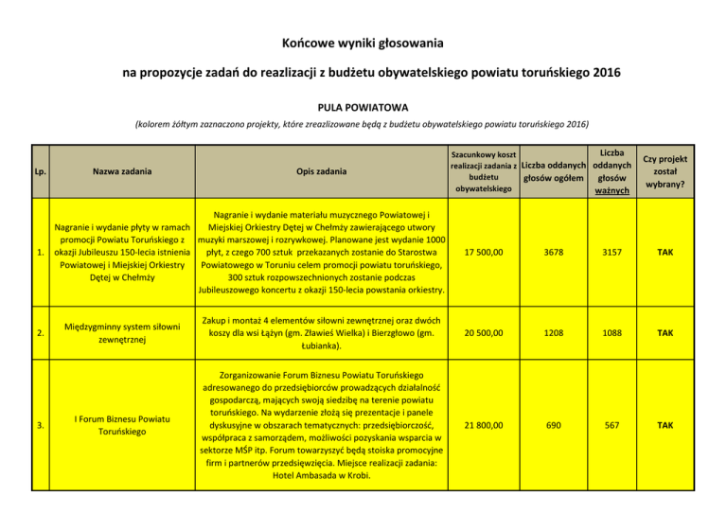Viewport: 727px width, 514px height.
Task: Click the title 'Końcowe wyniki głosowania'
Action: point(363,43)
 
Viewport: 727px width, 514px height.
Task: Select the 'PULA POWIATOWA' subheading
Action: point(363,107)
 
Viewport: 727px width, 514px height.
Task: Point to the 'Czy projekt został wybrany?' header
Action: point(663,171)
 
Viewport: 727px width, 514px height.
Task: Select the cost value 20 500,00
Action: point(485,334)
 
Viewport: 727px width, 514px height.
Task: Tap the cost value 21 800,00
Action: point(485,425)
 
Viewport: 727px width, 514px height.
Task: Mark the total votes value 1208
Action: point(557,334)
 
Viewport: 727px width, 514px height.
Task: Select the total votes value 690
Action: point(557,425)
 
